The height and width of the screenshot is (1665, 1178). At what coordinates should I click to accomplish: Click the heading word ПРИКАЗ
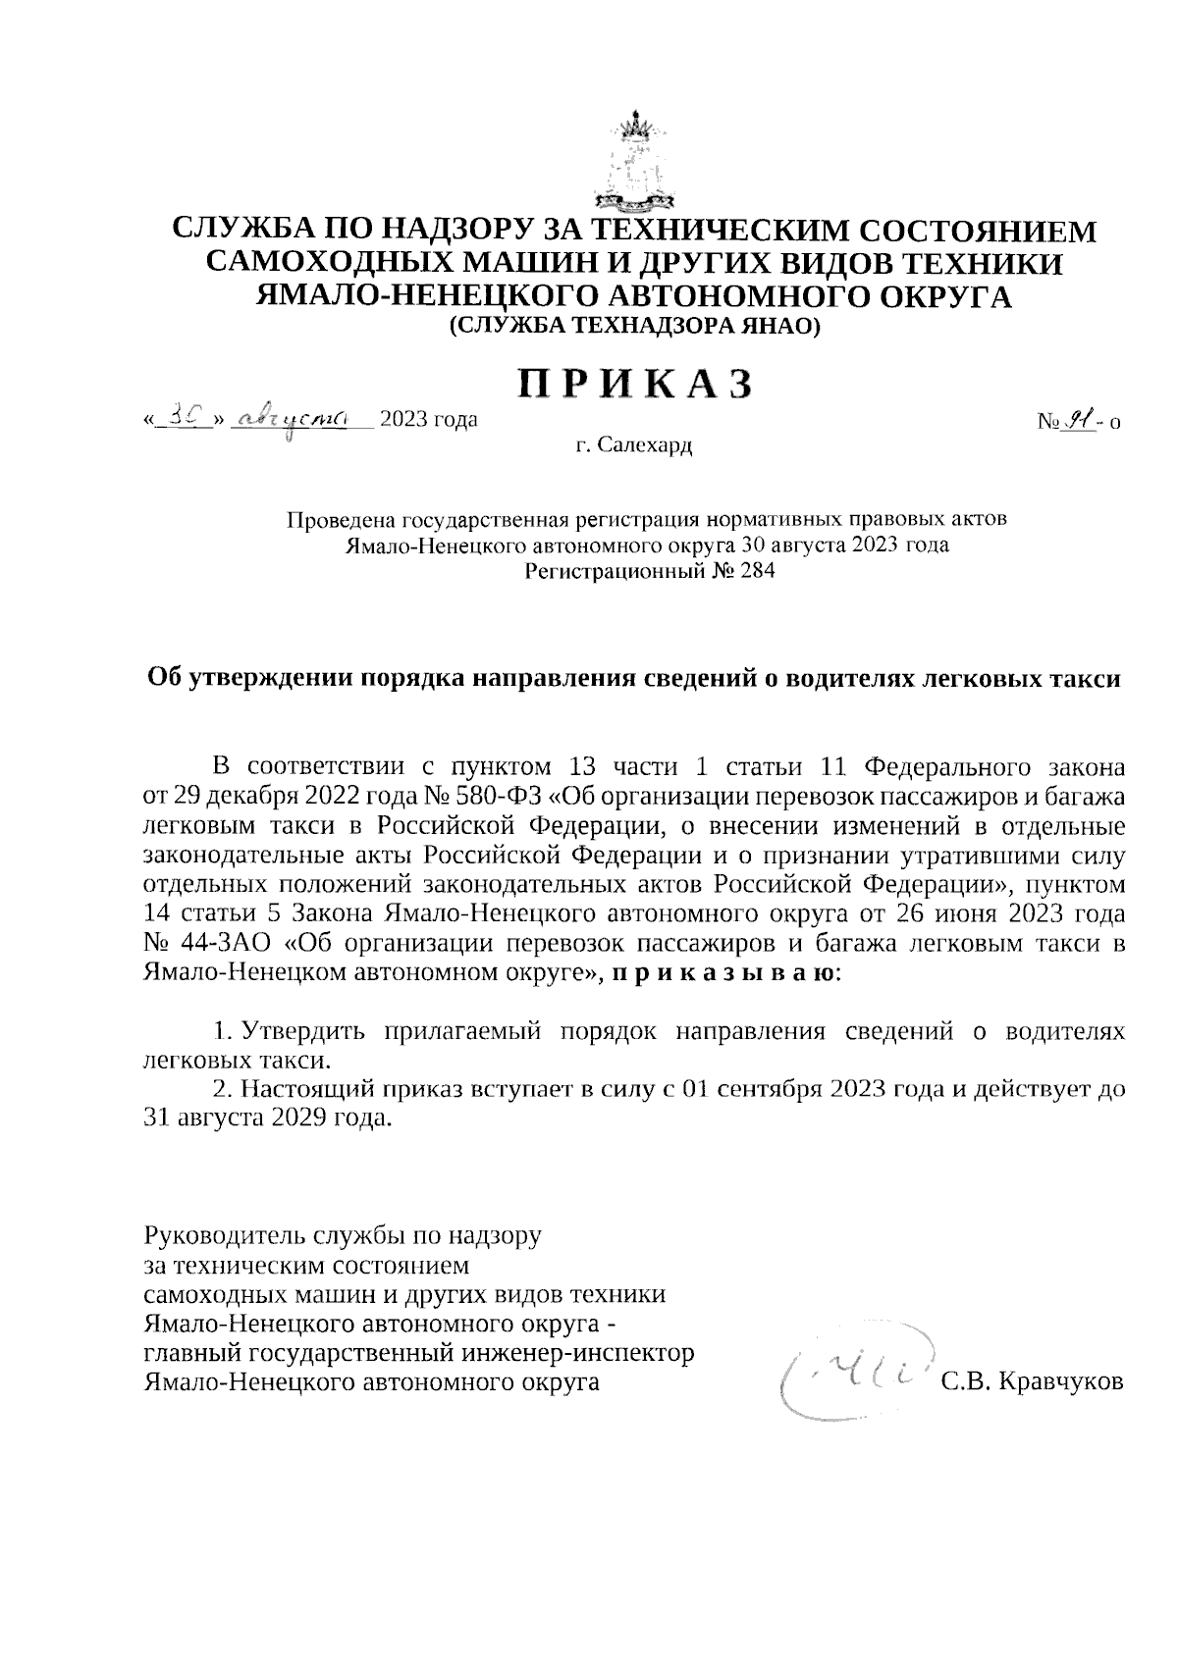point(636,384)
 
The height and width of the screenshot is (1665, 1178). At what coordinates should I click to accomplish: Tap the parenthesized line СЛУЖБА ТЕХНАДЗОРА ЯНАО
point(633,327)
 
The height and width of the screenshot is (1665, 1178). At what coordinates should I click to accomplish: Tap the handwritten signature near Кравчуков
point(854,1374)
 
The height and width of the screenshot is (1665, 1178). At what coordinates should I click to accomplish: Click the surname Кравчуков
point(1057,1382)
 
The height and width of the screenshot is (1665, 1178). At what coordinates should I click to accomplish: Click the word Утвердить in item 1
point(301,1032)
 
